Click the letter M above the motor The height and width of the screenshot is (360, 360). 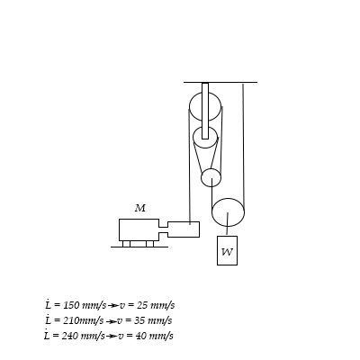click(x=139, y=208)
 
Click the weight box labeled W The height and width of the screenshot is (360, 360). click(x=227, y=251)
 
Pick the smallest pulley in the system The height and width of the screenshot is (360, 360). click(x=211, y=176)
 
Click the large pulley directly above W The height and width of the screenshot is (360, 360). click(x=228, y=212)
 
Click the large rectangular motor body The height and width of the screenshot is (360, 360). click(x=138, y=229)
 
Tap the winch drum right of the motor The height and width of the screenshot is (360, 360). click(x=184, y=229)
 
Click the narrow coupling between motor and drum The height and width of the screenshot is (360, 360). click(x=162, y=229)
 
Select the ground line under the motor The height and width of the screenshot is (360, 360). click(x=139, y=247)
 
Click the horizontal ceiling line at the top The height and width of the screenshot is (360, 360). click(x=220, y=82)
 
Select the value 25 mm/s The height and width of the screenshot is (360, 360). click(x=153, y=306)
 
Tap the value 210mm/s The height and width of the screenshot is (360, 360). click(x=78, y=320)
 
